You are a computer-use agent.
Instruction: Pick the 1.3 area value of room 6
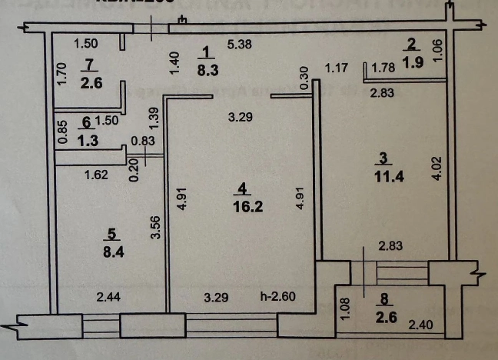[x=87, y=140]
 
